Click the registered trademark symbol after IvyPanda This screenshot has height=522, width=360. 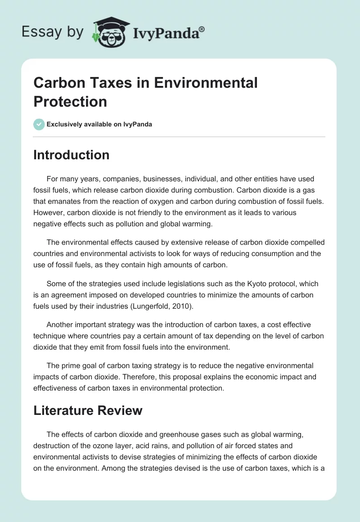pyautogui.click(x=202, y=30)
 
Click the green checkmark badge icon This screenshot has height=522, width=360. pyautogui.click(x=39, y=124)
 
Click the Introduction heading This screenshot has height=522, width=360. pyautogui.click(x=71, y=155)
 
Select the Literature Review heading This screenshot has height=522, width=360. pyautogui.click(x=88, y=410)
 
